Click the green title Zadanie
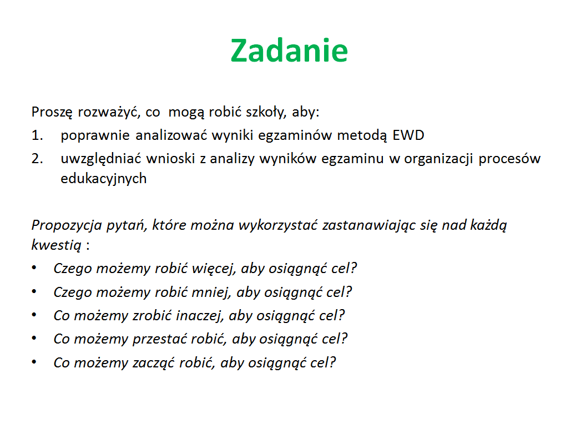289,51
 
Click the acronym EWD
408,135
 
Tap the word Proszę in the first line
52,112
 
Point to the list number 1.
37,135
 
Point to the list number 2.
37,159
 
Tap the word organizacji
438,159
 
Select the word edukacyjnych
104,179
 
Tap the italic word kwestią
56,245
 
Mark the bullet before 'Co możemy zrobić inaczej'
34,315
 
